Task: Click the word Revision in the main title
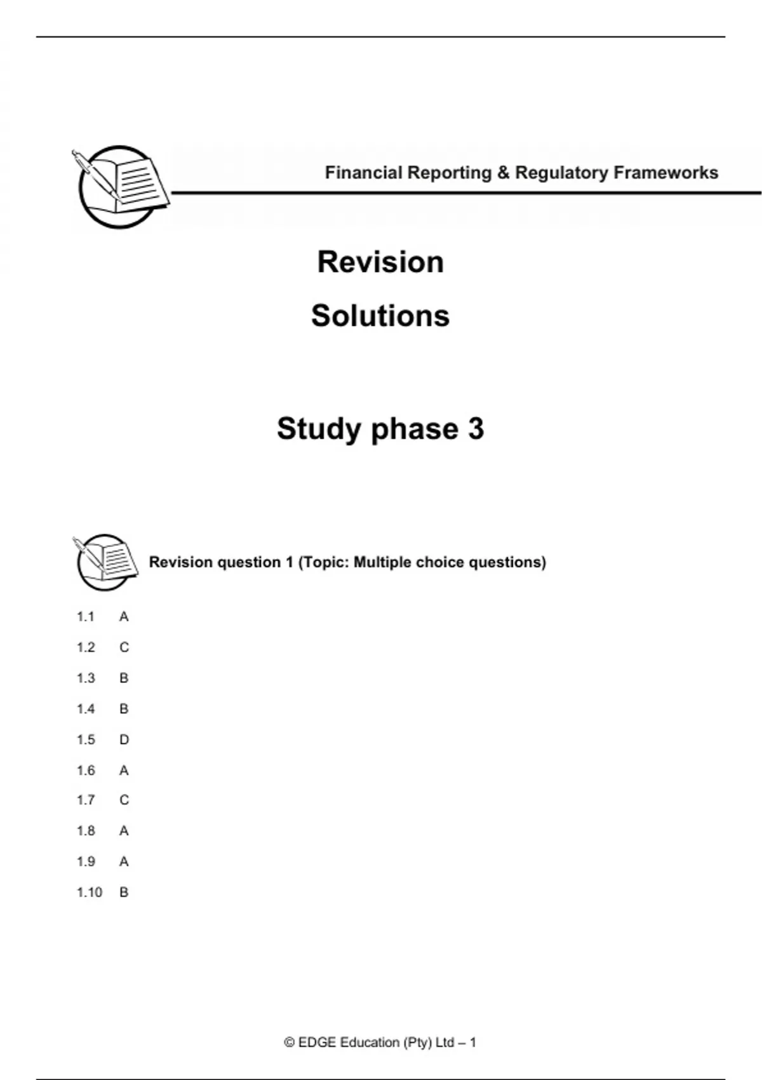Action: [380, 262]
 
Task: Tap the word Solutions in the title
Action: [380, 316]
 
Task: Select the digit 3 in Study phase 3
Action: [476, 429]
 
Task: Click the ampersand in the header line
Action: [504, 173]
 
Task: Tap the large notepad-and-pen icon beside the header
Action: [120, 186]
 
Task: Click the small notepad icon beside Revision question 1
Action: [105, 561]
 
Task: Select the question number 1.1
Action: [86, 617]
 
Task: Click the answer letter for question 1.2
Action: [124, 647]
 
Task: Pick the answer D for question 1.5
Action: [124, 739]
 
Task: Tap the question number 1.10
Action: [89, 893]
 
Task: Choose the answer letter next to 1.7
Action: [124, 800]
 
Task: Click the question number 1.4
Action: [86, 709]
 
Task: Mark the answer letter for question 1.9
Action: [124, 861]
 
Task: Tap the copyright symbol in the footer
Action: [290, 1043]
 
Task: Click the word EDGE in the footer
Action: [317, 1043]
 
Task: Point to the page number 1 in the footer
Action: [472, 1043]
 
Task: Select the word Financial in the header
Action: [364, 173]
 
